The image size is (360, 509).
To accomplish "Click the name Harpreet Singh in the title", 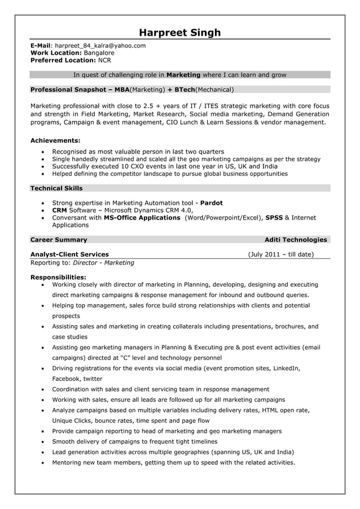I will [180, 32].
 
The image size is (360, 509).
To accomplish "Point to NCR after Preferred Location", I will [105, 60].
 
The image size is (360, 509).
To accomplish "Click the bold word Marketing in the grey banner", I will [183, 74].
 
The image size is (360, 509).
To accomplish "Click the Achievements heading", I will [55, 140].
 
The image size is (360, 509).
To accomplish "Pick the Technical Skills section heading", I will [56, 188].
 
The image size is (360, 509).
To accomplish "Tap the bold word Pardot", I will [212, 203].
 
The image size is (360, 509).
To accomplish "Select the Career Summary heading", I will [59, 240].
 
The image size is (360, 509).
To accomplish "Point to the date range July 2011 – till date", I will [280, 254].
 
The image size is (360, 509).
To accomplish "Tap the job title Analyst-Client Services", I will [69, 254].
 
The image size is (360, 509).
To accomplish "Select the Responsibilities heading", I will [58, 277].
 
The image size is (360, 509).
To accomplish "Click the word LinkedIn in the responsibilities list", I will [285, 368].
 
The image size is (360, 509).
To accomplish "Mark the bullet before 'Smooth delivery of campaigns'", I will [43, 442].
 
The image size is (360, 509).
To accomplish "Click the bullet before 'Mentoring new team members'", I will [43, 463].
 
